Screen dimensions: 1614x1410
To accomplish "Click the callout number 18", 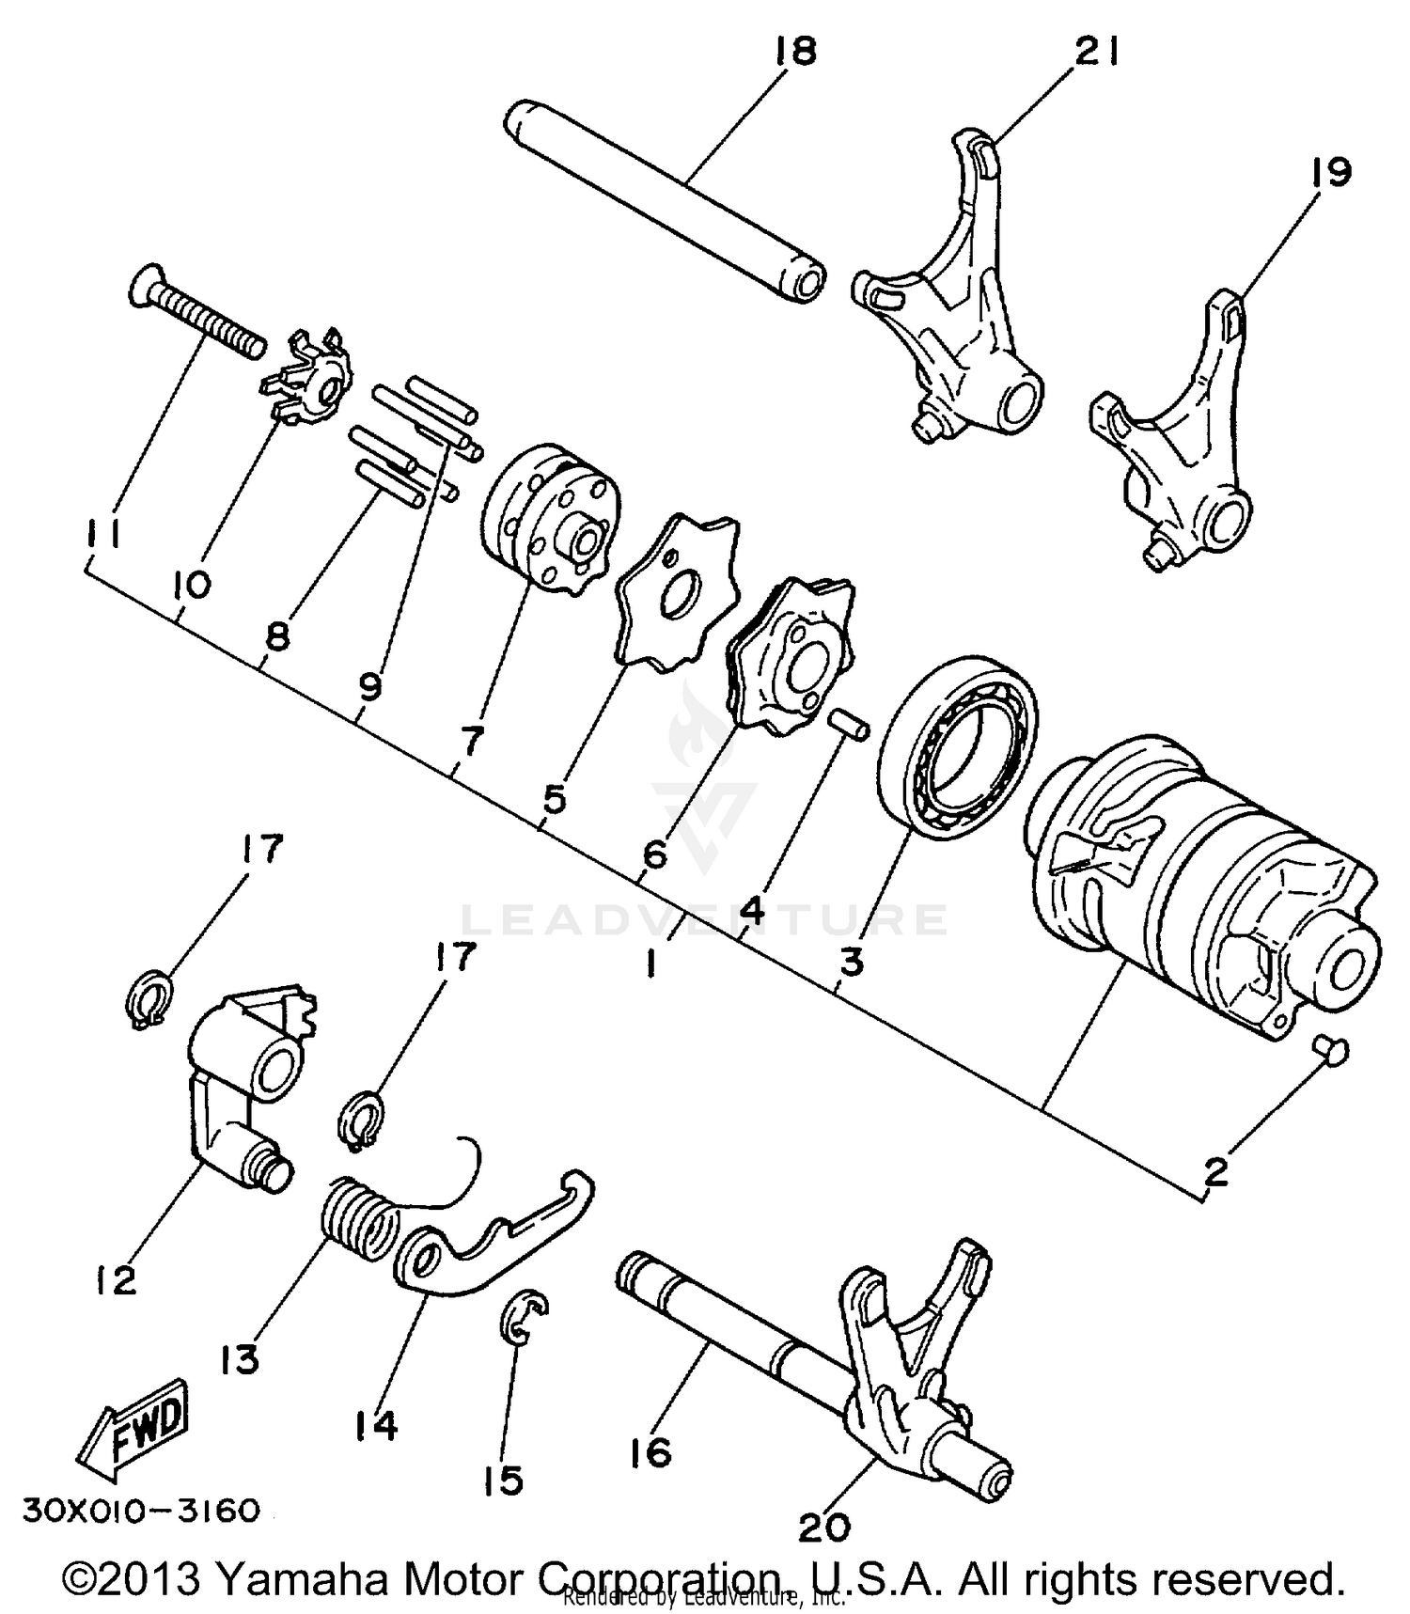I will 795,51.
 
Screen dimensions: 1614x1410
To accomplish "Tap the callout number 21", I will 1096,55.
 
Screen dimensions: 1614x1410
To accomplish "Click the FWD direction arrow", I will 134,1428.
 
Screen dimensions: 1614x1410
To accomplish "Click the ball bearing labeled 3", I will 957,743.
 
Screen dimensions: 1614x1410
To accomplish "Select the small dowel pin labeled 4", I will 849,726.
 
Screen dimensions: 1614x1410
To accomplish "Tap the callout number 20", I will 823,1527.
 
